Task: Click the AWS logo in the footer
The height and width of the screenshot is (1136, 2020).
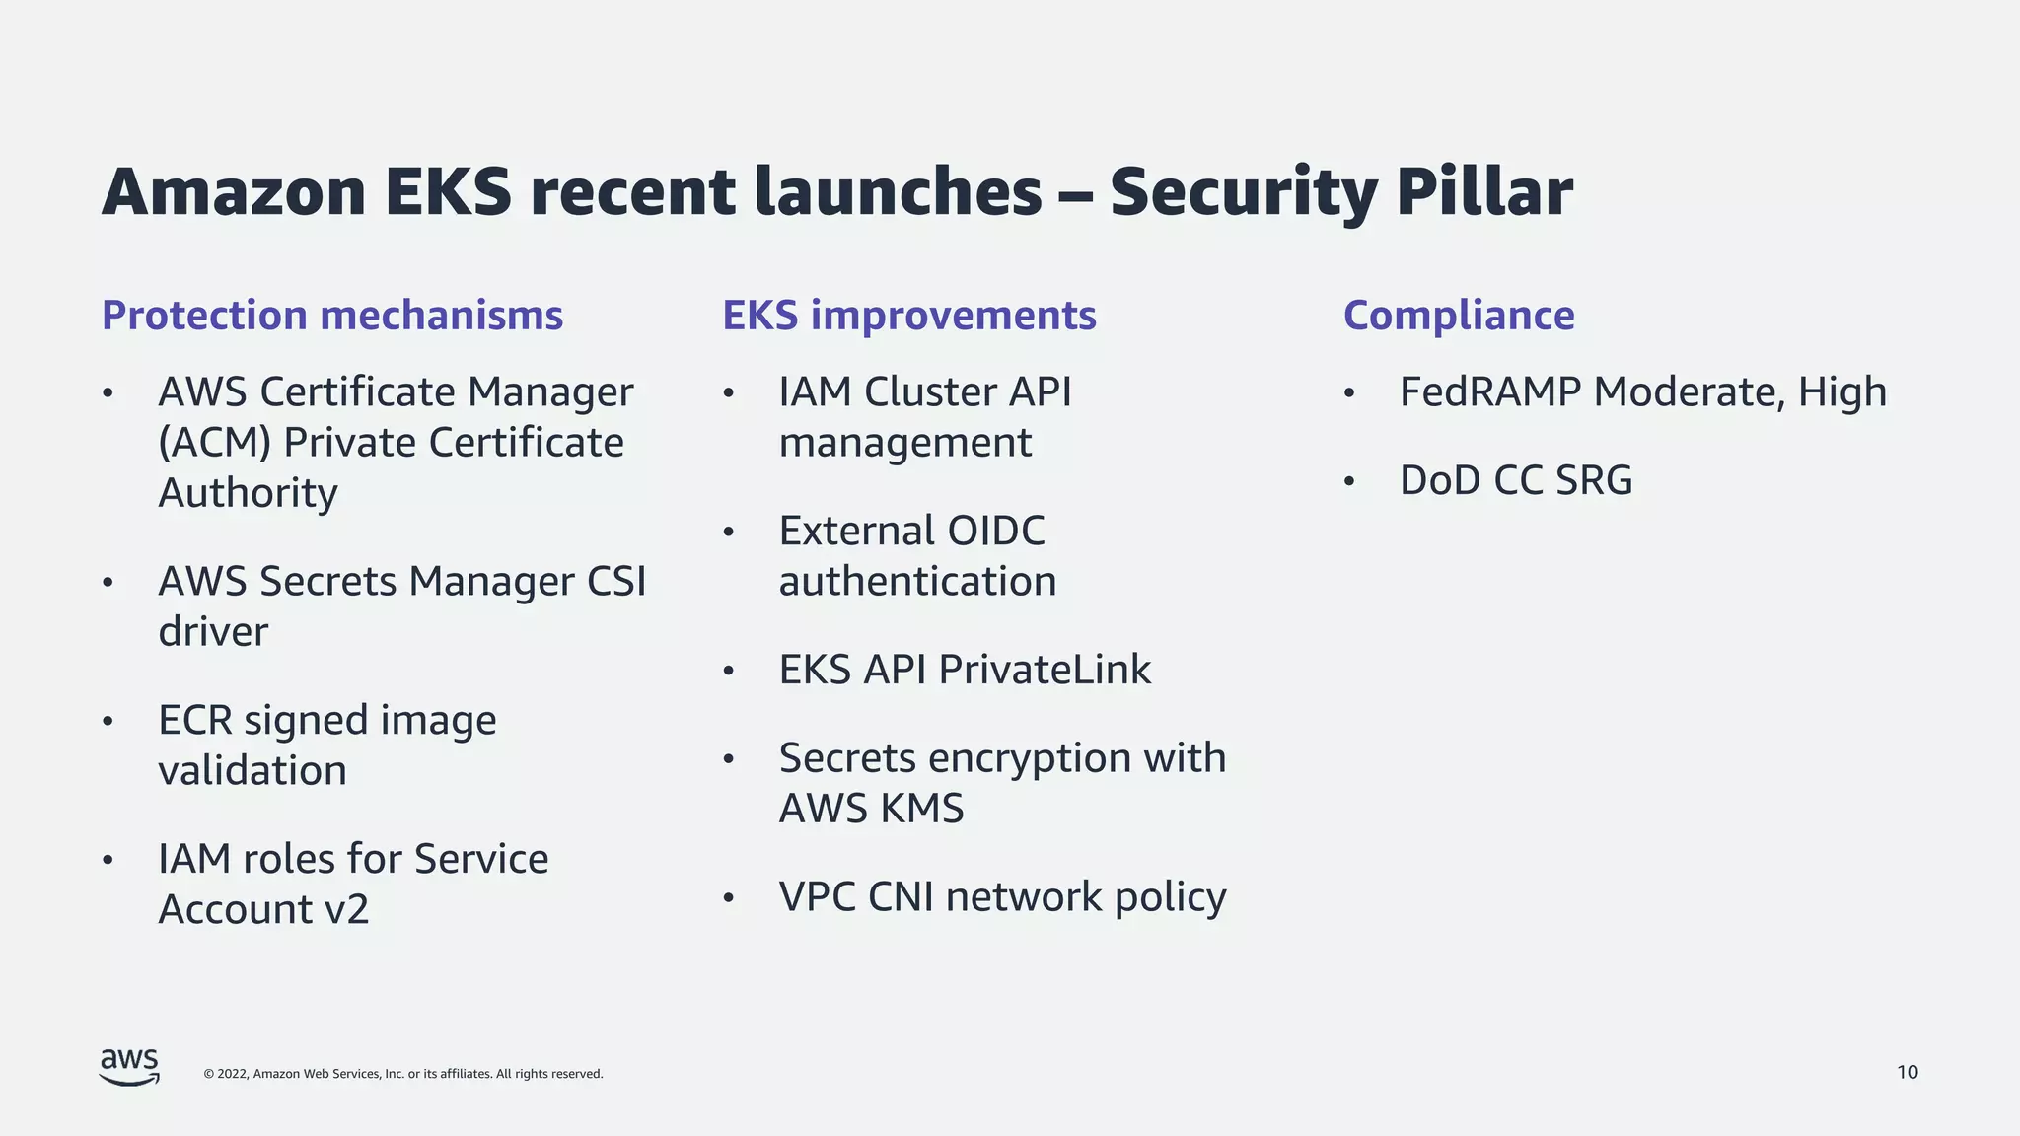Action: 129,1067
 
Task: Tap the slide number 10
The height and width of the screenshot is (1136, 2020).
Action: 1907,1072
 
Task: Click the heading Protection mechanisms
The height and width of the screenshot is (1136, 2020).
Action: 332,316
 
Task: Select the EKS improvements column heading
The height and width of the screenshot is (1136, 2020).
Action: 908,316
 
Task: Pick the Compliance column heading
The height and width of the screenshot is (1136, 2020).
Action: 1458,316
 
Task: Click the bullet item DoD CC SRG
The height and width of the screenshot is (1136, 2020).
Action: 1515,481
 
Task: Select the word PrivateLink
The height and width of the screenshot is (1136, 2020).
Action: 1045,670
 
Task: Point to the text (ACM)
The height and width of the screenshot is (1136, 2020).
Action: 214,443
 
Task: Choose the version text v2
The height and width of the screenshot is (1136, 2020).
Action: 346,909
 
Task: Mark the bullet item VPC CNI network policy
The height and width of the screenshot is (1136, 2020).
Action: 1002,897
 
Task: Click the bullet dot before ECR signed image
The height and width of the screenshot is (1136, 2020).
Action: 108,721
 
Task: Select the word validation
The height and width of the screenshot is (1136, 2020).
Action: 252,770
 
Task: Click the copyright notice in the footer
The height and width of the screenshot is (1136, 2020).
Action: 402,1074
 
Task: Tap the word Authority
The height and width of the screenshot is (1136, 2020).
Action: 248,493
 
